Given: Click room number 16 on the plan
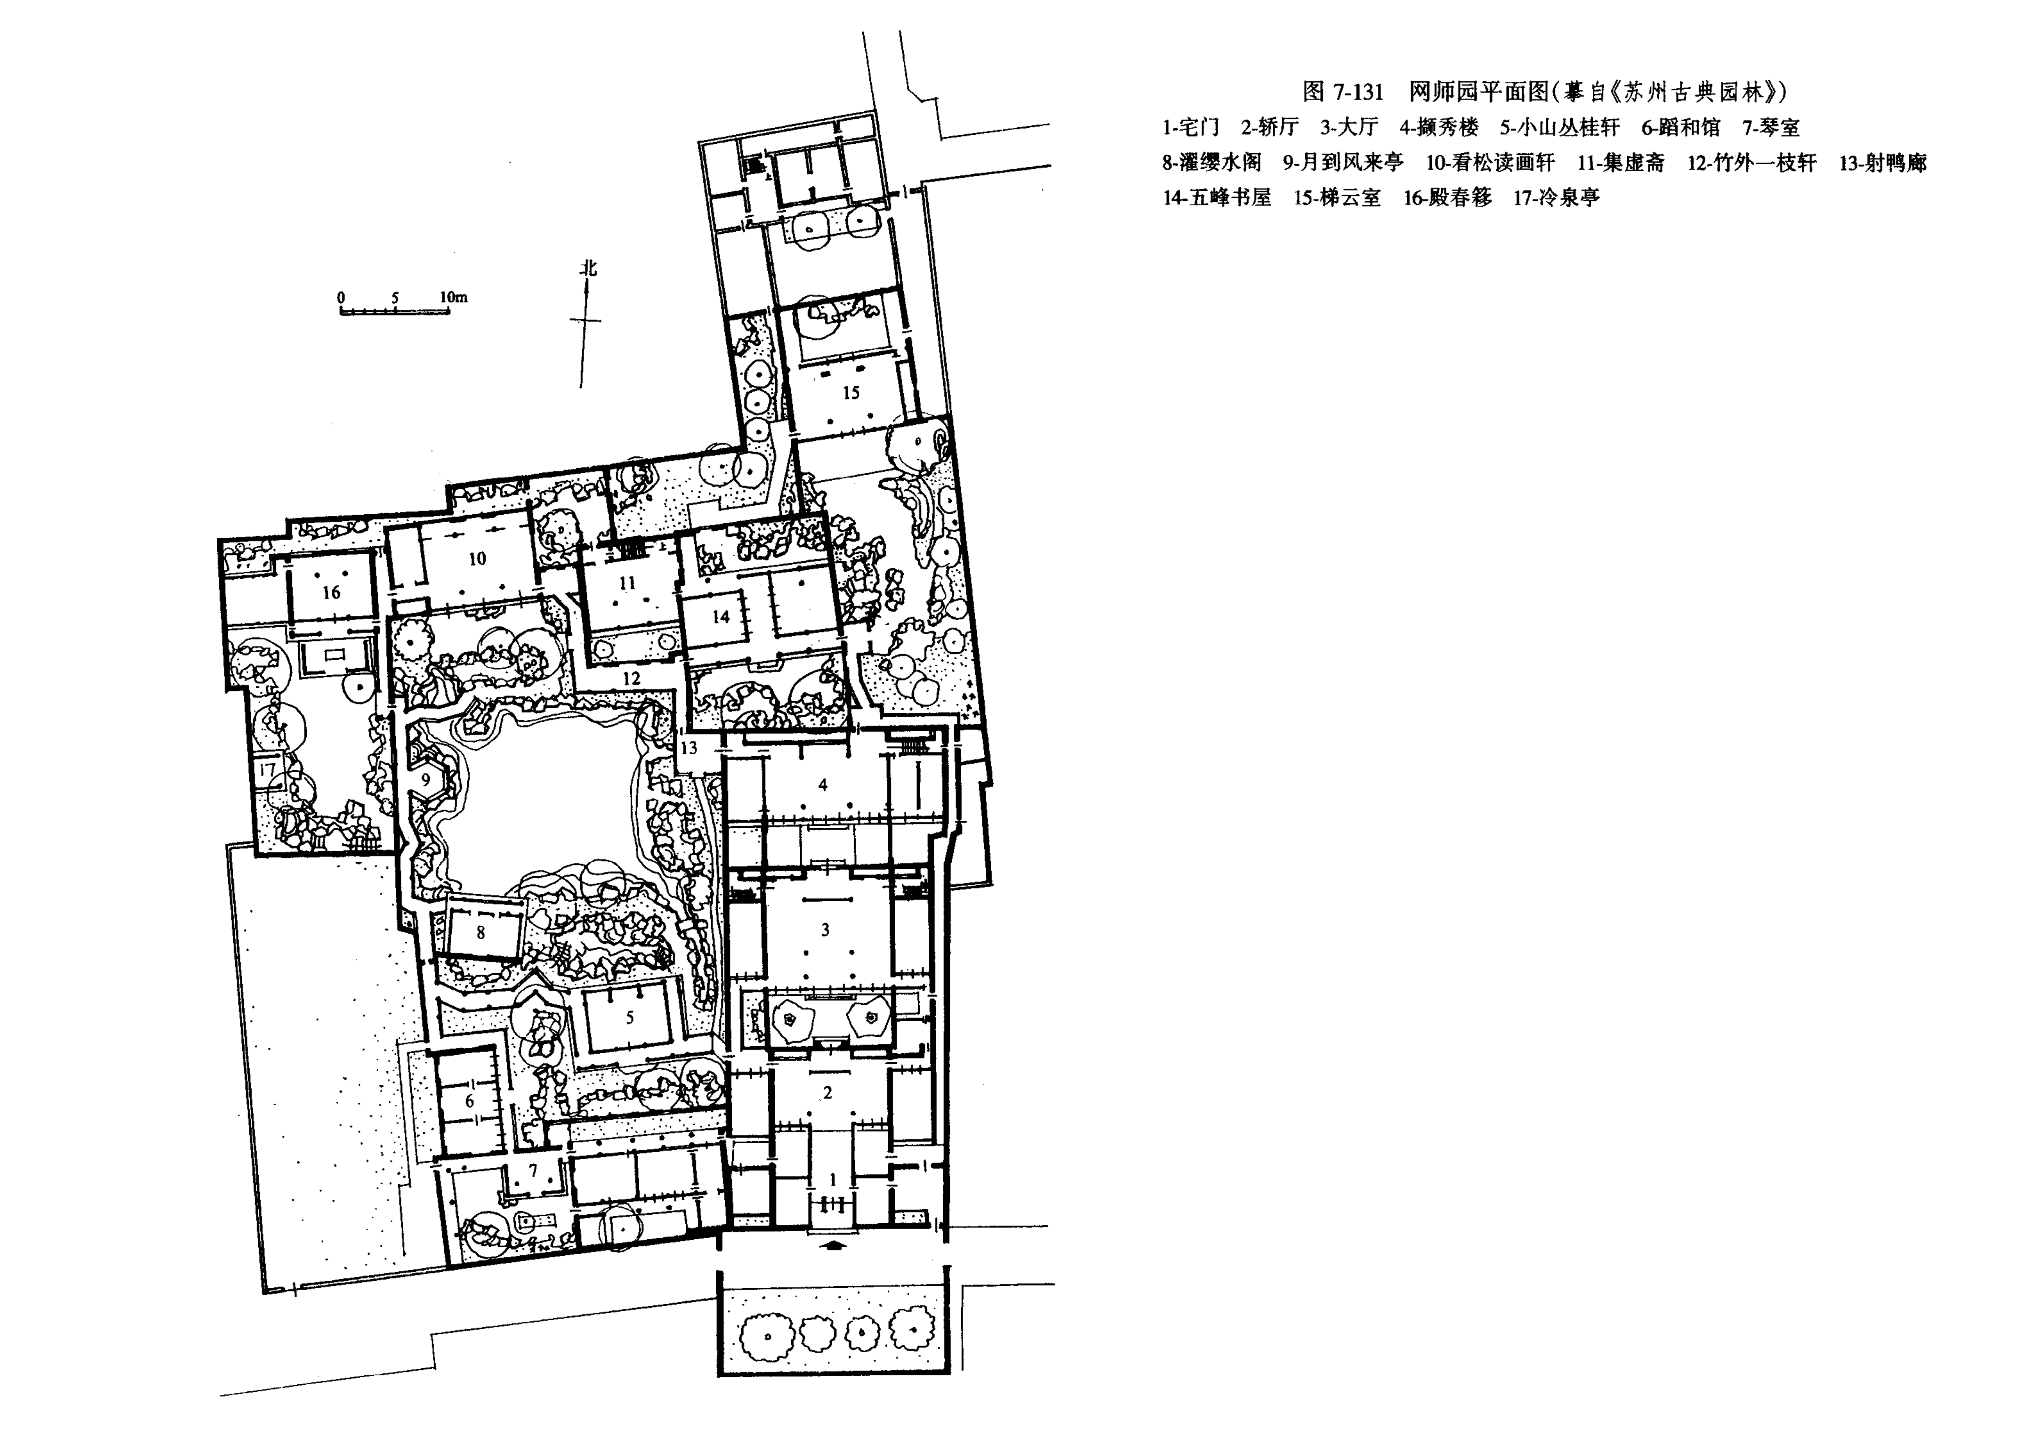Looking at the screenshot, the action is click(x=331, y=592).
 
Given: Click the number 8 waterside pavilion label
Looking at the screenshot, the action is click(x=481, y=932).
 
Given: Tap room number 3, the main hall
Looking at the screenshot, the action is click(x=825, y=930).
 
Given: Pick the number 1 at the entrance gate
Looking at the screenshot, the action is click(x=832, y=1179).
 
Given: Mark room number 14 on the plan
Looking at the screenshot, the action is click(x=720, y=616).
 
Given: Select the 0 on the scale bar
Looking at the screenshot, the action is click(x=342, y=297).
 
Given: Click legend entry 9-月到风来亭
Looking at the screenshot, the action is click(x=1343, y=162).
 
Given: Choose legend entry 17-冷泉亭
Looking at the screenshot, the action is click(x=1557, y=197).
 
